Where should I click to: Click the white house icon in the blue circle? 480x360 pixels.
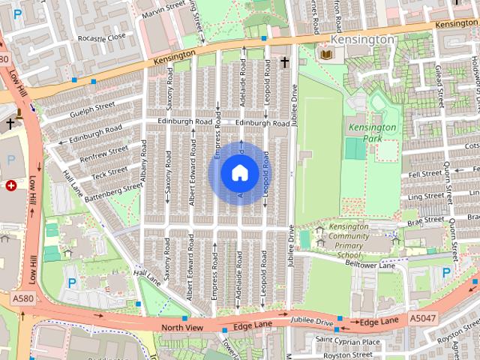click(x=239, y=173)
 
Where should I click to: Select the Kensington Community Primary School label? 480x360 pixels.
click(x=343, y=241)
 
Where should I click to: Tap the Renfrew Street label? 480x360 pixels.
click(x=98, y=156)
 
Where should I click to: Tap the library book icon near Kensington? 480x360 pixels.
click(x=326, y=55)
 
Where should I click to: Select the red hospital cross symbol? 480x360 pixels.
click(x=11, y=184)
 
